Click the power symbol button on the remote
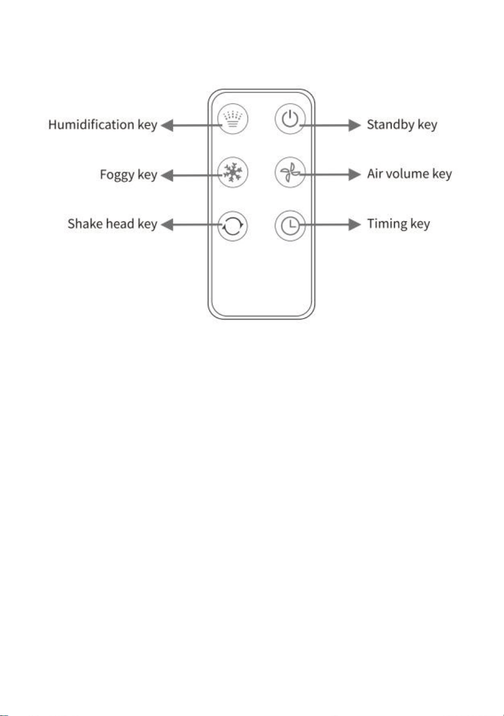click(290, 119)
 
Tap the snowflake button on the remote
click(233, 173)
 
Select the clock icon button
click(290, 226)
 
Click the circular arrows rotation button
click(233, 226)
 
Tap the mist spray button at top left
click(233, 119)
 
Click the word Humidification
click(91, 124)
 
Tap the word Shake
click(85, 223)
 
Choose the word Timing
click(387, 224)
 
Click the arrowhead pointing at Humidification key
click(167, 125)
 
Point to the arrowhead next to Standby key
click(354, 125)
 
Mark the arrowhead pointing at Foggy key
click(167, 175)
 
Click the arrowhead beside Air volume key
click(354, 175)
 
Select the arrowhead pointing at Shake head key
click(167, 225)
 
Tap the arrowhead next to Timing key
click(354, 225)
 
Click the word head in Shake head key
click(120, 223)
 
